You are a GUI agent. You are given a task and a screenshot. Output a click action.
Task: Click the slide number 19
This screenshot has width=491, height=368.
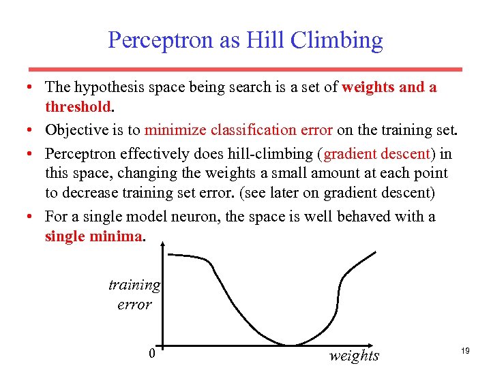pos(465,350)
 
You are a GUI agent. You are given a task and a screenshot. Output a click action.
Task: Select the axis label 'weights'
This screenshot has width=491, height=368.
pos(353,355)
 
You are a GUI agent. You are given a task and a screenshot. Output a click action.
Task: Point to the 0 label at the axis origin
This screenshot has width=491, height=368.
pos(152,353)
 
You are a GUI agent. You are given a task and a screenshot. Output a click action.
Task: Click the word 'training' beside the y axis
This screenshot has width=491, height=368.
pos(134,285)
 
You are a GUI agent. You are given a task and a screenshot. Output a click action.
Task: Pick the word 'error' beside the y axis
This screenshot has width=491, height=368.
pos(134,304)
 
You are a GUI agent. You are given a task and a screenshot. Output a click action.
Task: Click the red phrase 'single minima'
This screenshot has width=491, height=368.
pos(94,236)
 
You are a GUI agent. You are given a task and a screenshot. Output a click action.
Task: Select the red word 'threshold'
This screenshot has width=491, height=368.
pos(77,107)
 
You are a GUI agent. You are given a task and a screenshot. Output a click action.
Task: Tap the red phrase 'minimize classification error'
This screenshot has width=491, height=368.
pos(239,129)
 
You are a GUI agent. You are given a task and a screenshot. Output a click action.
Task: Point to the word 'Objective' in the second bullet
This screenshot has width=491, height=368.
pos(75,129)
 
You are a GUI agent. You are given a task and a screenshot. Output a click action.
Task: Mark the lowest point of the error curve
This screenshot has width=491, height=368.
pos(290,345)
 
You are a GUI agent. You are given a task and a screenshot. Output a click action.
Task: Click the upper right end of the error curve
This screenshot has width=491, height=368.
pos(374,252)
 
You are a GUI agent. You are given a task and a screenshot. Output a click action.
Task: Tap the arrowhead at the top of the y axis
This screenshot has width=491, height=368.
pos(161,247)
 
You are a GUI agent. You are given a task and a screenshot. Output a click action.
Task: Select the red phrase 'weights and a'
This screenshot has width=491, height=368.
pos(389,88)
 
